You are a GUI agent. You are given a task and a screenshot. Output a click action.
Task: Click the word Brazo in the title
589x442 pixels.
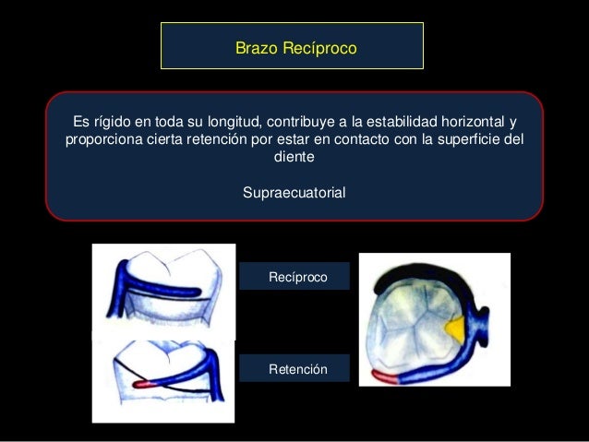click(x=255, y=45)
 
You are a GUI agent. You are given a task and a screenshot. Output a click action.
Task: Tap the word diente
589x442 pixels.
click(x=294, y=158)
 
